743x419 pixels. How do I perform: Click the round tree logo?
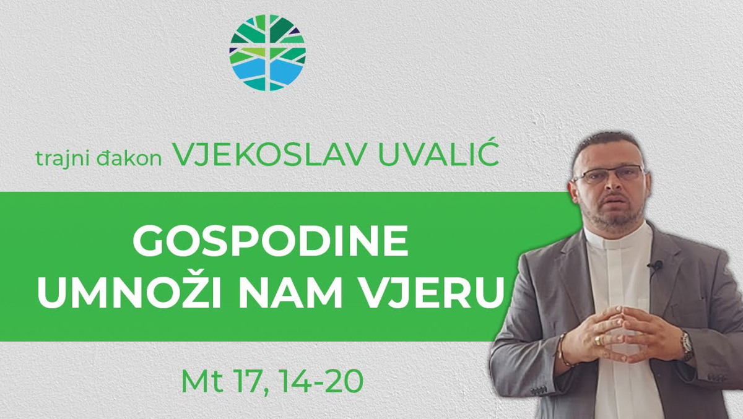tap(267, 53)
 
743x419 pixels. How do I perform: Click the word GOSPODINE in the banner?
tap(271, 241)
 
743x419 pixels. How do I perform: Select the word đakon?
tap(129, 158)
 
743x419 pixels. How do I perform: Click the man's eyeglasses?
tap(609, 175)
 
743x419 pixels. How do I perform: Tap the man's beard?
tap(610, 212)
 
